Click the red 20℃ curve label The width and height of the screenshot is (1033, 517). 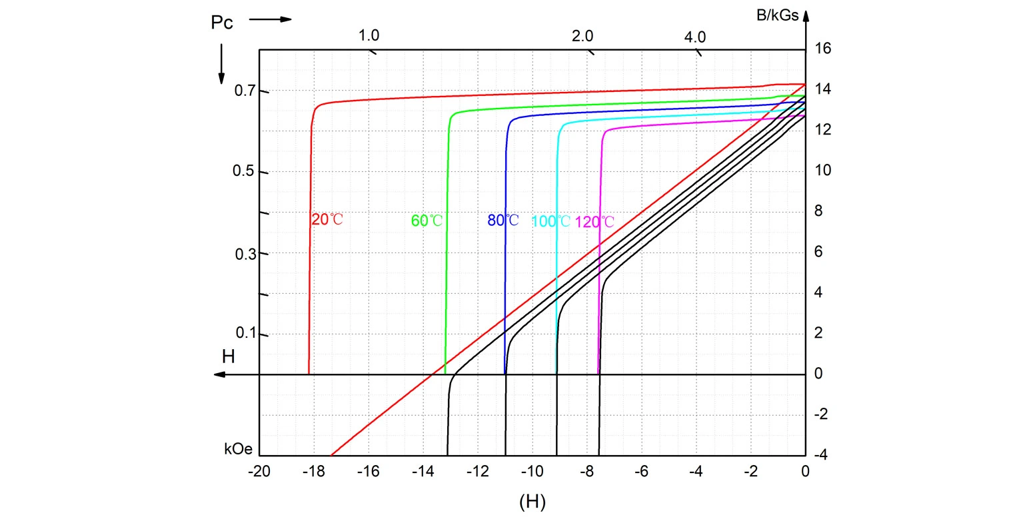(327, 219)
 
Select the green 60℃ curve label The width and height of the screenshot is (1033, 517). (427, 221)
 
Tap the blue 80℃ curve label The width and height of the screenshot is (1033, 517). (503, 220)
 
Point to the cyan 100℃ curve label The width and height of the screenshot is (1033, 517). (550, 222)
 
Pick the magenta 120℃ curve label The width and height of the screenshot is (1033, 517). (594, 223)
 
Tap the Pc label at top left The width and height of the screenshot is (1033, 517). (222, 22)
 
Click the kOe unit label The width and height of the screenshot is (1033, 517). (239, 449)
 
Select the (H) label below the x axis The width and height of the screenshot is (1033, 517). (532, 502)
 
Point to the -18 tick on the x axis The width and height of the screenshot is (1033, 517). (313, 472)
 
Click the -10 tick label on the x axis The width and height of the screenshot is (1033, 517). (532, 472)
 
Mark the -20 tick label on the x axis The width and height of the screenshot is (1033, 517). (259, 472)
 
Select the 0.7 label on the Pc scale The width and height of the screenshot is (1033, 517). (245, 91)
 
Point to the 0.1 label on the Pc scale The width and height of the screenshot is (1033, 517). (245, 334)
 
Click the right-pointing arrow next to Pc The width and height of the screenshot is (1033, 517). (271, 19)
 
